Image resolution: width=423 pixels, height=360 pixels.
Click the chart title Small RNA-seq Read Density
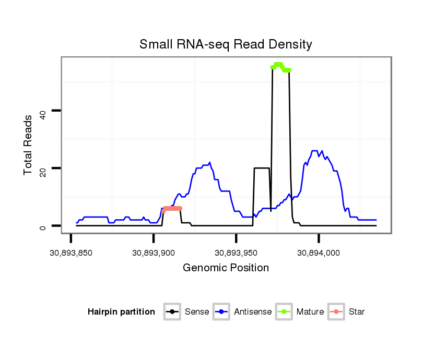point(226,44)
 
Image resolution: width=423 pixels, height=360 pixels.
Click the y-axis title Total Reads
point(28,145)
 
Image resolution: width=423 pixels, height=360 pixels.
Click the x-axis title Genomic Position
point(226,268)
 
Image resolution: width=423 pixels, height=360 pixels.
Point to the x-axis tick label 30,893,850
point(70,253)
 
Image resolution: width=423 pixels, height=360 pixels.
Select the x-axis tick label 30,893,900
point(153,253)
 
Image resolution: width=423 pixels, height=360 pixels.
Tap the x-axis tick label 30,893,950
point(236,253)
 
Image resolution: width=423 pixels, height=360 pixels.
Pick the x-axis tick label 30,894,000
point(319,253)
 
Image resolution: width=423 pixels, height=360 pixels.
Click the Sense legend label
point(197,312)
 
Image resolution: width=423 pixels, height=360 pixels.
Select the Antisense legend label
point(253,312)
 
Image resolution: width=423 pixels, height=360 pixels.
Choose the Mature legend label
point(310,312)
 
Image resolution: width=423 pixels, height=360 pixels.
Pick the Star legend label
point(357,312)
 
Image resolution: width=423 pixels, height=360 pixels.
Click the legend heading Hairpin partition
point(121,312)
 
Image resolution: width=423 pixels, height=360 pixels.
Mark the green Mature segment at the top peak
point(280,66)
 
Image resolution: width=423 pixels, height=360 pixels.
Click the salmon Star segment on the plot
point(172,208)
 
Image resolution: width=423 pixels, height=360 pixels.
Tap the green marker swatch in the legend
point(285,312)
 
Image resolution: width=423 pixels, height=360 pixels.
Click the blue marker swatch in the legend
point(222,312)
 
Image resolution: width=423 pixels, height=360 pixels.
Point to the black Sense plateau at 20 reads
point(261,168)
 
